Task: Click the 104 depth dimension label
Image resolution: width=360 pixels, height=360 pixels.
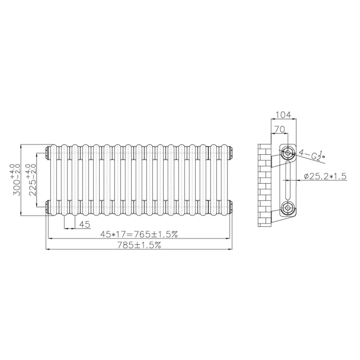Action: click(283, 115)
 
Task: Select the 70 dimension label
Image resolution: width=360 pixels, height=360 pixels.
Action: click(280, 129)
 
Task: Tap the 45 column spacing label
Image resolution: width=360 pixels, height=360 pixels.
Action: click(85, 224)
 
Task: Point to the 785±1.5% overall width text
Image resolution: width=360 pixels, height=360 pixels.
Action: click(139, 245)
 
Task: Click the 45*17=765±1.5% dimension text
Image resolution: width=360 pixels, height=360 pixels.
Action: click(139, 234)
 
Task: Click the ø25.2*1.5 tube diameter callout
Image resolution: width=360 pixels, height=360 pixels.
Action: click(324, 176)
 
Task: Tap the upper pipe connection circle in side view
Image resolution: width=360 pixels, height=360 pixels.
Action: click(288, 152)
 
